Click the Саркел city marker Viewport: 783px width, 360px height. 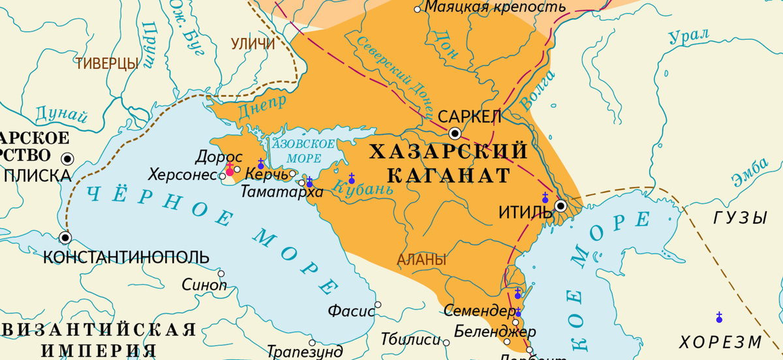tap(455, 133)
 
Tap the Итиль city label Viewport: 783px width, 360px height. tap(525, 213)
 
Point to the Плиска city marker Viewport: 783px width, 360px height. tap(67, 158)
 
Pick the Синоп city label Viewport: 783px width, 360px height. tap(204, 285)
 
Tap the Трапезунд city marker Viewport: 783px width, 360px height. tap(312, 342)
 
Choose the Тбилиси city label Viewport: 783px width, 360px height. tap(411, 340)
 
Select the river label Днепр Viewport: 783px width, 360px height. tap(263, 106)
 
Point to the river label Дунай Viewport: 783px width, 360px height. tap(61, 116)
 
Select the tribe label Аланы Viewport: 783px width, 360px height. tap(422, 260)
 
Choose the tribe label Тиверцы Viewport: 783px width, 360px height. tap(107, 63)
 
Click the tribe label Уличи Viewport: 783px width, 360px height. tap(253, 44)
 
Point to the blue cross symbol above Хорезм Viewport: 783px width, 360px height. tap(719, 317)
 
